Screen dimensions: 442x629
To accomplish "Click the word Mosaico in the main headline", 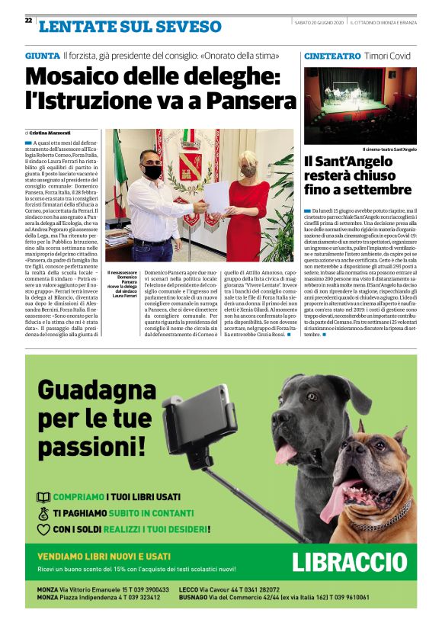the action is point(75,77).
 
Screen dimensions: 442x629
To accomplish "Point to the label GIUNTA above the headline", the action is point(42,56).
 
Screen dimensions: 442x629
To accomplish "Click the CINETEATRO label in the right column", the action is point(331,56).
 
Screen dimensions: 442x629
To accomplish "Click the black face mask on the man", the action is point(153,172).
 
